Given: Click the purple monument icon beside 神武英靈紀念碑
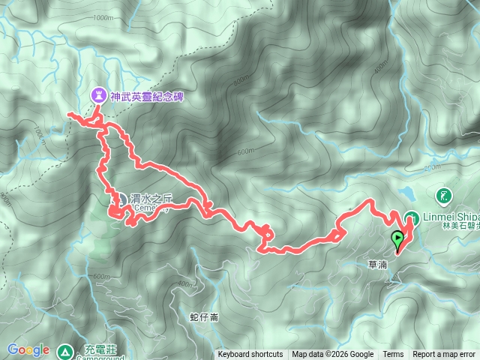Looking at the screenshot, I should click(98, 95).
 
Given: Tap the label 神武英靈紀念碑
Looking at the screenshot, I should click(146, 96).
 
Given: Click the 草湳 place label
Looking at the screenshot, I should click(378, 264).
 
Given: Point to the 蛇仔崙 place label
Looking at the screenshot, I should click(204, 316).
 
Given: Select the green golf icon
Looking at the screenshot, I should click(443, 196).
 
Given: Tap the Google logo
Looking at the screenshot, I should click(28, 350).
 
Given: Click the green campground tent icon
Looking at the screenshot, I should click(65, 350).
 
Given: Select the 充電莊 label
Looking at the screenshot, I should click(94, 350).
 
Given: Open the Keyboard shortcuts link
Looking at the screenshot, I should click(250, 355).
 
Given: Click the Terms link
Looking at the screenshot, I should click(393, 355).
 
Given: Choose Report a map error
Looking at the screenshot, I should click(444, 355).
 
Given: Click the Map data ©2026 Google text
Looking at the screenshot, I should click(332, 355).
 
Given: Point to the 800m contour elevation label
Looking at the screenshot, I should click(241, 79).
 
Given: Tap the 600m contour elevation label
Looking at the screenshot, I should click(246, 151).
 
